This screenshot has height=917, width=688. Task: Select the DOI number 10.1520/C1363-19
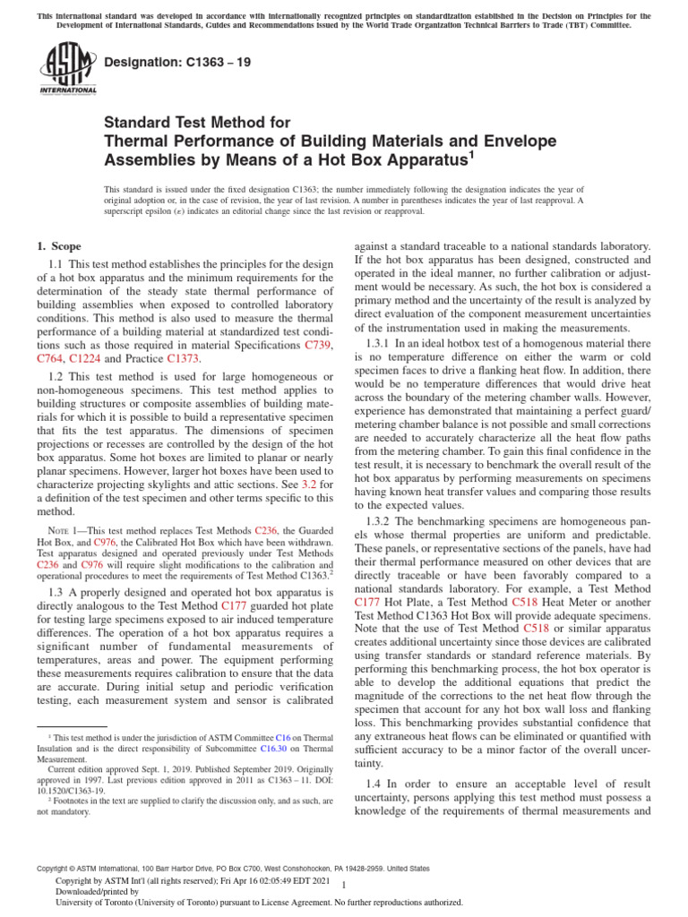(65, 790)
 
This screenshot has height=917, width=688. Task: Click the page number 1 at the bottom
(344, 885)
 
